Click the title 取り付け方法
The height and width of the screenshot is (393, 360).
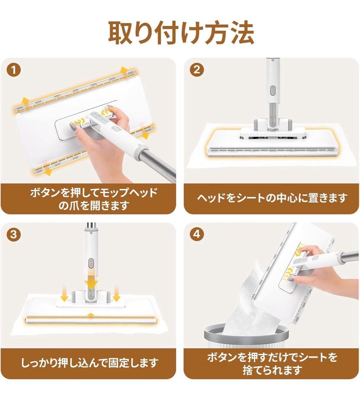click(181, 33)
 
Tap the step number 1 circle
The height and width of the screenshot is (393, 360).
click(14, 71)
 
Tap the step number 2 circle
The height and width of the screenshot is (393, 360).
click(197, 70)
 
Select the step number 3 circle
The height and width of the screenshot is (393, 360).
click(14, 235)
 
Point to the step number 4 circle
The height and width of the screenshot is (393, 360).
click(197, 234)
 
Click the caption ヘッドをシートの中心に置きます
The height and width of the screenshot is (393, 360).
click(272, 198)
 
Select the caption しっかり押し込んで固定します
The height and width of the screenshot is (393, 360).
click(90, 362)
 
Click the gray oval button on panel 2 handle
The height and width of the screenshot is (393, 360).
click(273, 91)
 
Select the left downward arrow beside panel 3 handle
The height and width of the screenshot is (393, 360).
click(65, 294)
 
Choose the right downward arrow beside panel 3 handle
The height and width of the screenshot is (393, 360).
click(116, 294)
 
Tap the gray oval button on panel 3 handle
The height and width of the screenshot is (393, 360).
click(91, 264)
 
